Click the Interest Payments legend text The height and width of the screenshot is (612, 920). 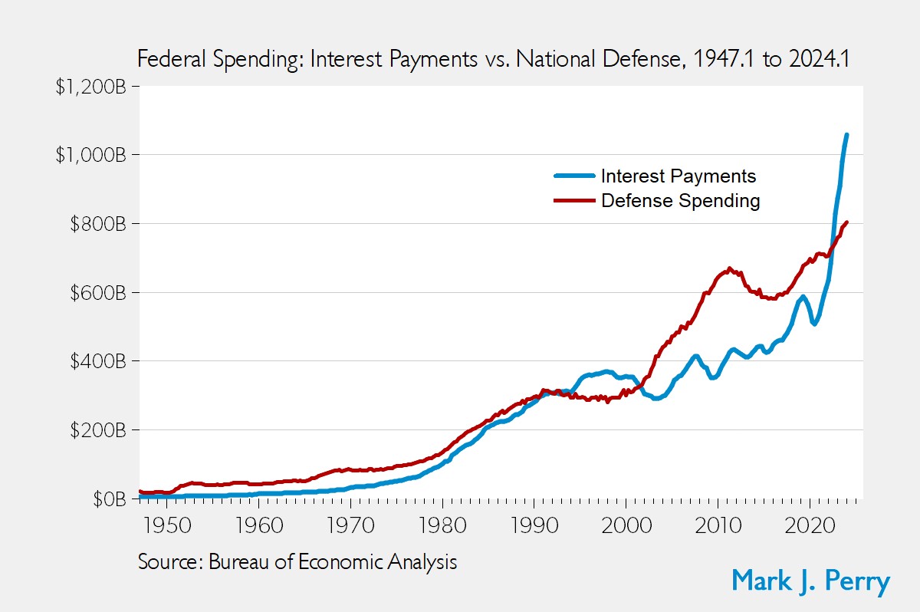(x=678, y=176)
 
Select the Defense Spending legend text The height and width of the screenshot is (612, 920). (x=681, y=201)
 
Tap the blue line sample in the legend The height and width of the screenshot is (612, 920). (x=574, y=176)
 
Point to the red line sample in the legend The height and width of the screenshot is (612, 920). (x=574, y=201)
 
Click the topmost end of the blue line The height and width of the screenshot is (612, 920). (x=846, y=135)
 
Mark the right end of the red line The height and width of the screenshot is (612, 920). (x=846, y=222)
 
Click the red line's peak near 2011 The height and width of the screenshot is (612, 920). (x=729, y=268)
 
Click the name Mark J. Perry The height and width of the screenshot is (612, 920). (x=810, y=580)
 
